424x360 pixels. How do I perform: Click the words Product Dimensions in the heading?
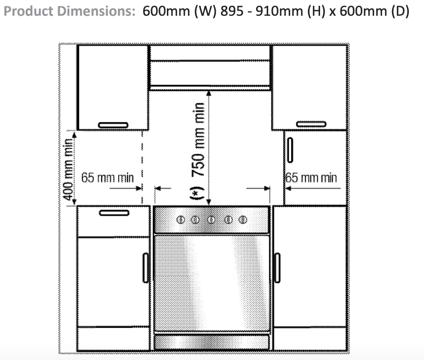pyautogui.click(x=69, y=12)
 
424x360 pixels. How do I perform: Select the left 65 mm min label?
pyautogui.click(x=108, y=178)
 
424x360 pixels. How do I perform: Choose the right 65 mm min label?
pyautogui.click(x=312, y=178)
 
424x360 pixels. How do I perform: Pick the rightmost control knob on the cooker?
pyautogui.click(x=242, y=219)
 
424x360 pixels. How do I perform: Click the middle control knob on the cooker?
pyautogui.click(x=211, y=219)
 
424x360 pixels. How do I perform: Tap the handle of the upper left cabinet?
pyautogui.click(x=113, y=124)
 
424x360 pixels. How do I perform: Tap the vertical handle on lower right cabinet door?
pyautogui.click(x=278, y=267)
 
